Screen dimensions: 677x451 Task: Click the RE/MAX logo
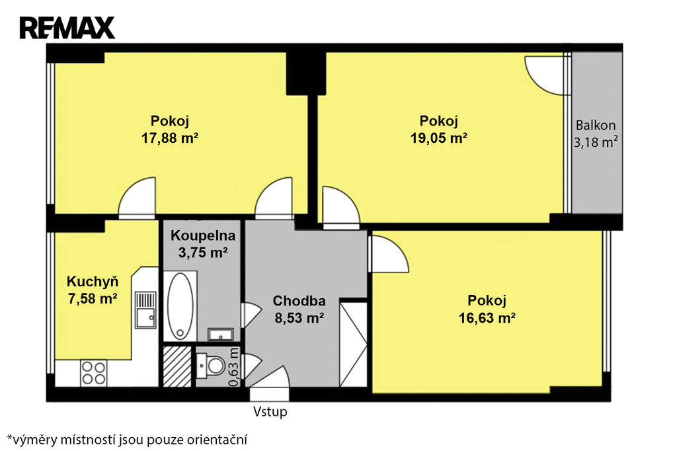(67, 28)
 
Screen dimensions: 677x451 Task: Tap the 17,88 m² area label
(170, 138)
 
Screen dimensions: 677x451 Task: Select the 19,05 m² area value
(439, 138)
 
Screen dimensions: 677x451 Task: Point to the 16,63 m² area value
(487, 318)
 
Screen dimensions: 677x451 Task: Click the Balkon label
(596, 125)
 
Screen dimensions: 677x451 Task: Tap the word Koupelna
(203, 235)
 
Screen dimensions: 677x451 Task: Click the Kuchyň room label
(93, 281)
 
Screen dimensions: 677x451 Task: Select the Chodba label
(299, 301)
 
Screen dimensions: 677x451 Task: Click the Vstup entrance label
(270, 412)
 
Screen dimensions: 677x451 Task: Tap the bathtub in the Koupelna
(180, 306)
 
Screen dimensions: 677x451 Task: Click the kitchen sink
(145, 309)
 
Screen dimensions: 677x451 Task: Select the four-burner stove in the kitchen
(94, 373)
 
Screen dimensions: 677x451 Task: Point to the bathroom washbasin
(221, 335)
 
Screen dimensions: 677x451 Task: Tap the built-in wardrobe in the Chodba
(353, 345)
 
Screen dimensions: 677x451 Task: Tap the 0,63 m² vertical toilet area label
(233, 367)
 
